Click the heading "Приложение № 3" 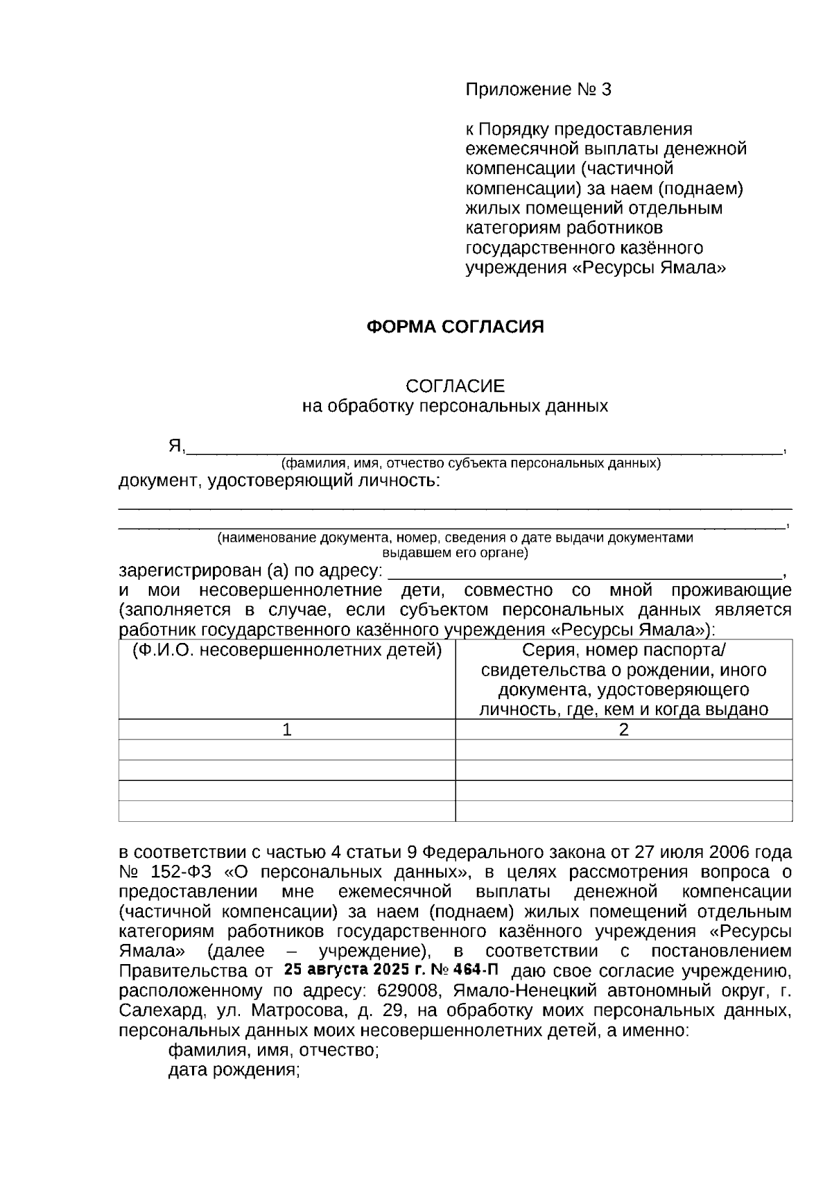pos(538,90)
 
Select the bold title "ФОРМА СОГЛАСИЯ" pos(455,327)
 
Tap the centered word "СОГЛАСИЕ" pos(455,386)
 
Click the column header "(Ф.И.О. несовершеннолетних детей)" pos(287,651)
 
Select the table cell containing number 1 pos(287,730)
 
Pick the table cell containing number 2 pos(623,730)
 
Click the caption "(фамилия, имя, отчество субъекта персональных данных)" pos(471,463)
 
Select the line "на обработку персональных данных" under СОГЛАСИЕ pos(455,406)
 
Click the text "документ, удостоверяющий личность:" pos(279,481)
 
